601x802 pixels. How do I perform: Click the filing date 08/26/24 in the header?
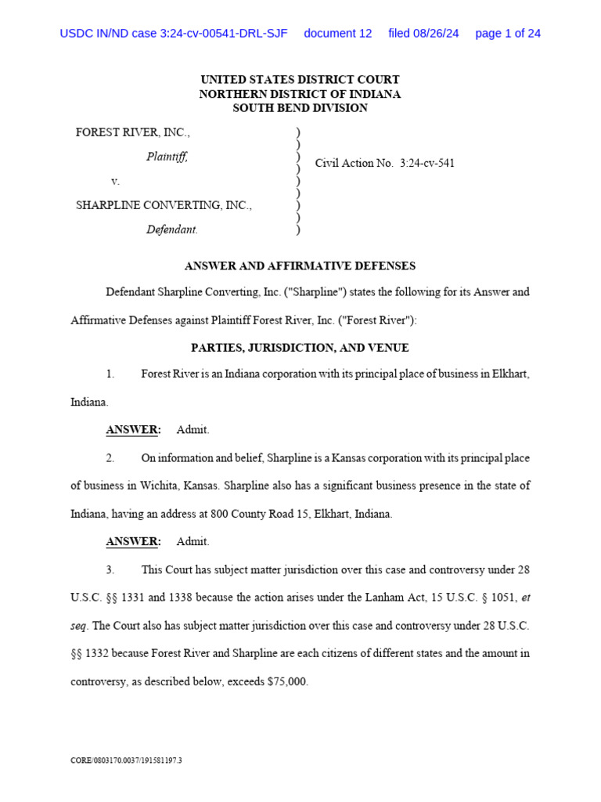[x=423, y=34]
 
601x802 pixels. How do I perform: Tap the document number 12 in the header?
[x=337, y=34]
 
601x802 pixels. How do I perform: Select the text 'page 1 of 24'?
[x=508, y=34]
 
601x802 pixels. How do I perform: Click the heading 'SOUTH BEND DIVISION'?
[x=300, y=108]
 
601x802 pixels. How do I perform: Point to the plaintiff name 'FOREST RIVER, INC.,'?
[x=132, y=132]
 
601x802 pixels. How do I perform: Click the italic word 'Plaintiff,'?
[x=167, y=157]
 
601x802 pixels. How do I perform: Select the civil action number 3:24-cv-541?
[x=426, y=163]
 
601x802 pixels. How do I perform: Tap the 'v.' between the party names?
[x=115, y=181]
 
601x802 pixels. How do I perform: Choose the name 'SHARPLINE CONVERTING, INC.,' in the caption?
[x=164, y=205]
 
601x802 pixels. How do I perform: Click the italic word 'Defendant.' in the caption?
[x=172, y=229]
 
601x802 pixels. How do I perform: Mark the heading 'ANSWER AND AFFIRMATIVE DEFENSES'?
[x=300, y=266]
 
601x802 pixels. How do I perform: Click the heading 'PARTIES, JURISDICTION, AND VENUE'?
[x=300, y=347]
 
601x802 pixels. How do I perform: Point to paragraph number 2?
[x=110, y=457]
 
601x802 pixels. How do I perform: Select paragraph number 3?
[x=110, y=569]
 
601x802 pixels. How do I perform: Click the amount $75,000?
[x=287, y=681]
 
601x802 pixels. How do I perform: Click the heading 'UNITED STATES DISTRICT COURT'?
[x=300, y=80]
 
